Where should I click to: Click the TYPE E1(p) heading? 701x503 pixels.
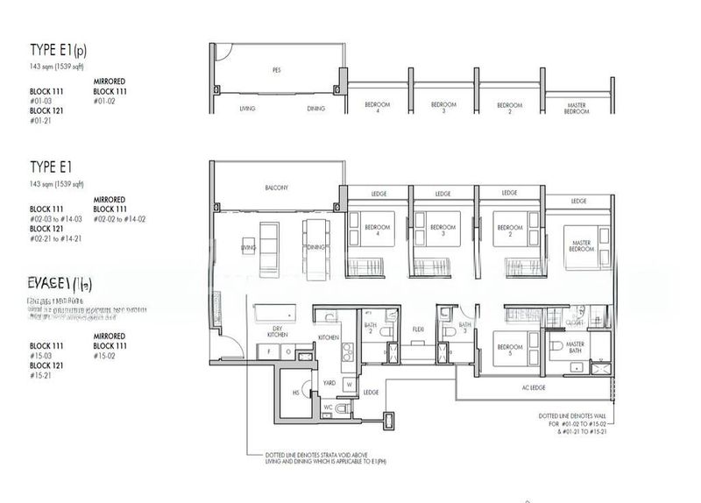click(x=57, y=49)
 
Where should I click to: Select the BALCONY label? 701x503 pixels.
click(x=277, y=188)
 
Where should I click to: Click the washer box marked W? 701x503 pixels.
click(x=348, y=383)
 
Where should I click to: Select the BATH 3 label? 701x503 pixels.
click(x=465, y=327)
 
